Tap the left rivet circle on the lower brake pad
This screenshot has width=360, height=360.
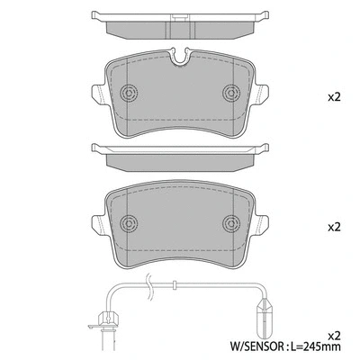pos(128,221)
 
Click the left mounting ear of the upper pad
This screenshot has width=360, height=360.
pos(96,92)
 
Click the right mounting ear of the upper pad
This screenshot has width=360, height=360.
pos(264,92)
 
